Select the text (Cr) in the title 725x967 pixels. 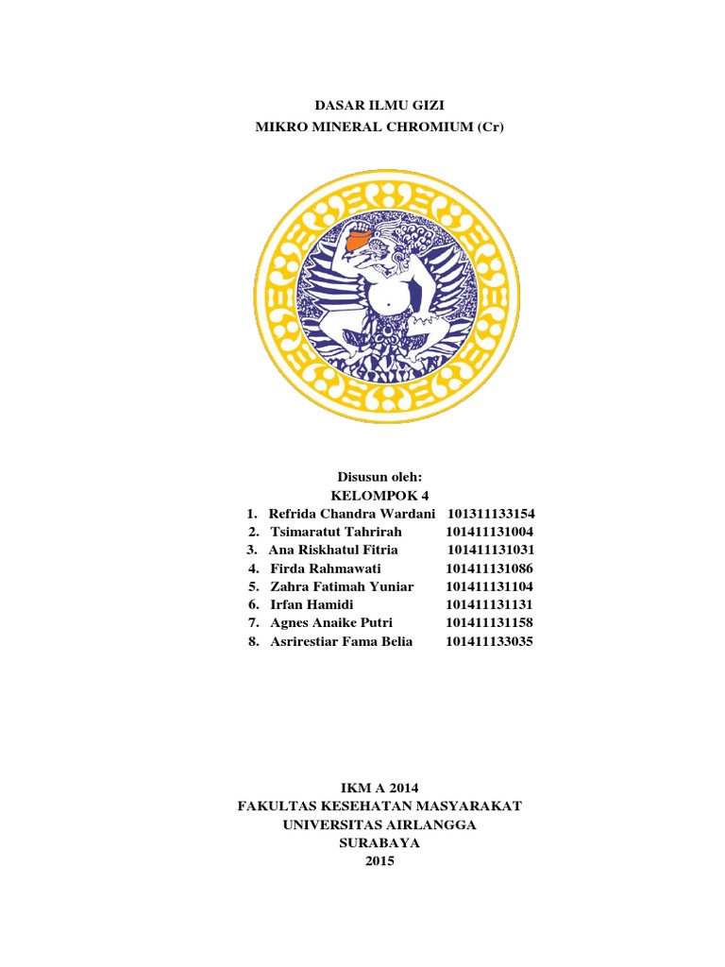[x=489, y=126]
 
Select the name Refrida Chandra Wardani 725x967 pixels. [x=352, y=513]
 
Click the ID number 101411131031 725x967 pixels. [x=491, y=550]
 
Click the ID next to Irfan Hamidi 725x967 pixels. [x=489, y=604]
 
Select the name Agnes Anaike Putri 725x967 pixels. [x=331, y=623]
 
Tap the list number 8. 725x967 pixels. [x=252, y=641]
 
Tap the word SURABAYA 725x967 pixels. [x=379, y=842]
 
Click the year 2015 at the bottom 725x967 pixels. [x=379, y=861]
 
